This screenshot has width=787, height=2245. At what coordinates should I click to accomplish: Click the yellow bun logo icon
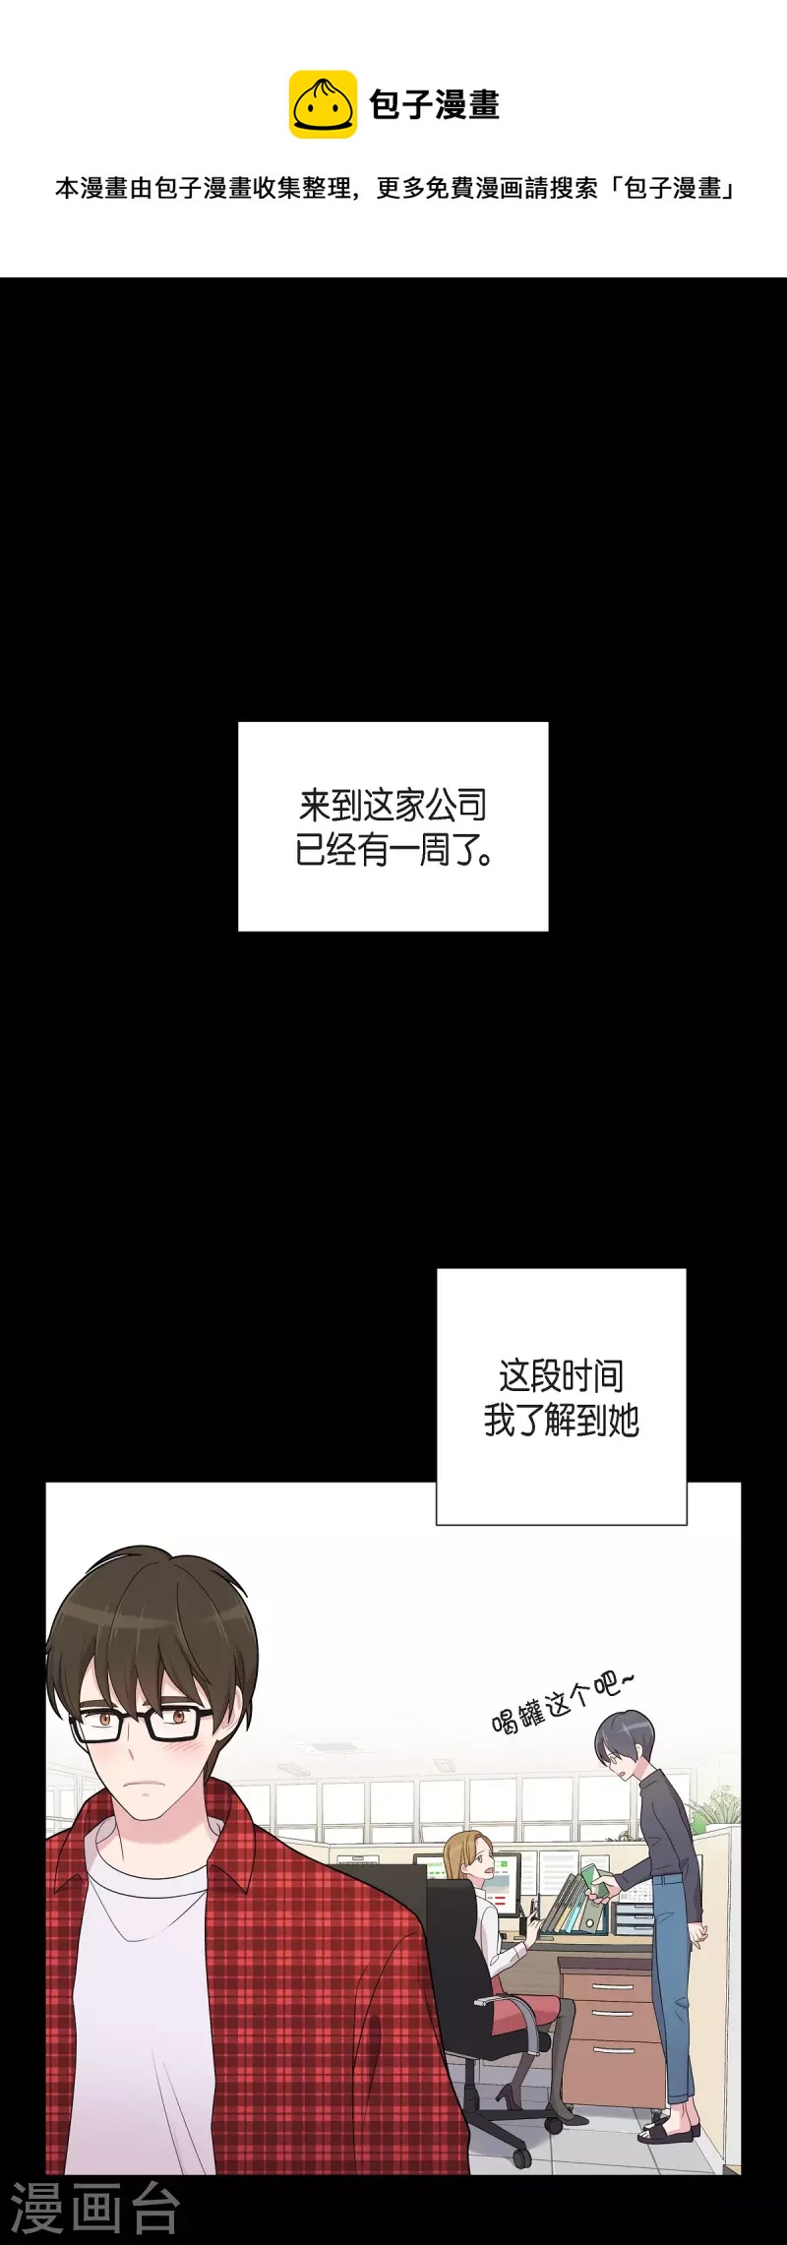323,104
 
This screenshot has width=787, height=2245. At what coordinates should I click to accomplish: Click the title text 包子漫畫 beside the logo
434,104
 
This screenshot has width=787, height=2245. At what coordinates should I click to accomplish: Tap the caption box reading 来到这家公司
393,826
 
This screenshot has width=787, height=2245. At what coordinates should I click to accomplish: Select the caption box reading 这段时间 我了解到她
561,1397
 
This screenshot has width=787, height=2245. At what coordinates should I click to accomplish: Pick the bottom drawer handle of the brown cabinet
612,2051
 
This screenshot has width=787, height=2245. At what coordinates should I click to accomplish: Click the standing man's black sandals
669,2126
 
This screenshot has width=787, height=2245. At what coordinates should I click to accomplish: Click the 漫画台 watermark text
94,2209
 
